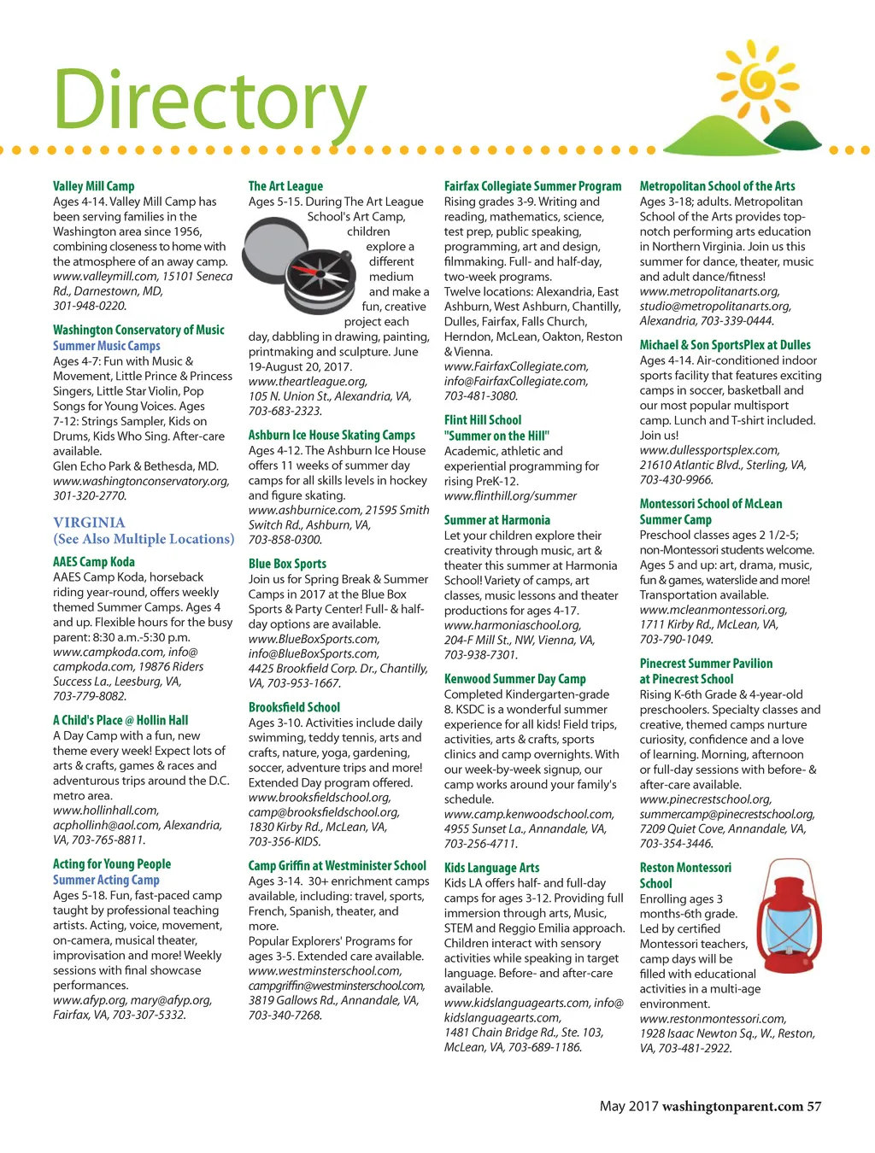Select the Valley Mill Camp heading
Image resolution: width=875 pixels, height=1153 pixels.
[93, 186]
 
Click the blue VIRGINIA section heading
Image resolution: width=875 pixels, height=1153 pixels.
[89, 523]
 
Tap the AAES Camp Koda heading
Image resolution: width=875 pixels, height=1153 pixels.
[93, 562]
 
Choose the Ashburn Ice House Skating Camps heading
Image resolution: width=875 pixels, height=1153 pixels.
[332, 436]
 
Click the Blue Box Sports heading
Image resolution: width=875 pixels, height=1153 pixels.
[287, 565]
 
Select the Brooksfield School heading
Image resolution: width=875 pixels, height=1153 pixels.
[294, 707]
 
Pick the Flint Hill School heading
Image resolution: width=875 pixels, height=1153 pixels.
[482, 420]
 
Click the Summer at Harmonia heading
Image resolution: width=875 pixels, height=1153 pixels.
[496, 520]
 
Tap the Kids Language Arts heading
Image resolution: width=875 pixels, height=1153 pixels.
[491, 868]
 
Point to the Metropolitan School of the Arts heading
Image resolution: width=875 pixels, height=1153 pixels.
[717, 186]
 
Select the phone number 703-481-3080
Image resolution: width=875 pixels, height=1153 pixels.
[480, 396]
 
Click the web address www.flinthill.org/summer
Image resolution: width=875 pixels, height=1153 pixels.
[510, 495]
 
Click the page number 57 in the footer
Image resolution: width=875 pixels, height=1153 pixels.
[813, 1106]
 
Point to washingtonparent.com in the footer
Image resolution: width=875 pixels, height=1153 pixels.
[732, 1106]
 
